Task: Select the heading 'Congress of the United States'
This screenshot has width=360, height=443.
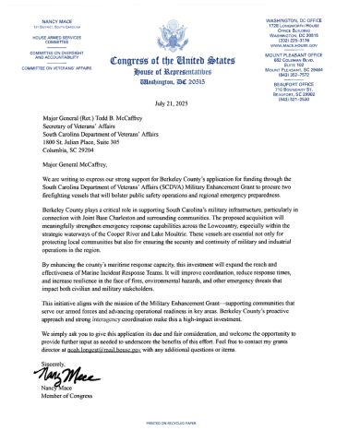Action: (x=180, y=62)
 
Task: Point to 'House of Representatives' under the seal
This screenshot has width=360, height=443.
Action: (x=180, y=72)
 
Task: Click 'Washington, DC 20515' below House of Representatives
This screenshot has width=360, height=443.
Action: (x=180, y=82)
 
